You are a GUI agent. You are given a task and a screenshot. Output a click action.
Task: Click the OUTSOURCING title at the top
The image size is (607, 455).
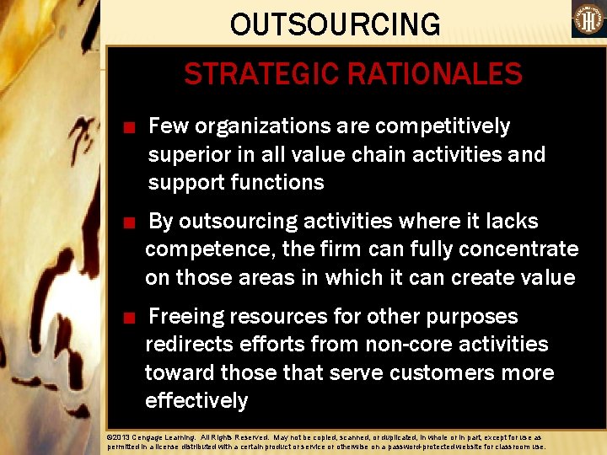(x=335, y=24)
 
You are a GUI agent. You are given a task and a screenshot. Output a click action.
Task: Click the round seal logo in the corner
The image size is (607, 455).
(x=588, y=19)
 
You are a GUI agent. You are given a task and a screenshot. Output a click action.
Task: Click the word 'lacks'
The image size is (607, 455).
(x=513, y=222)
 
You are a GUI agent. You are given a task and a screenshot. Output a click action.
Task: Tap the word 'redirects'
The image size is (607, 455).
(x=190, y=345)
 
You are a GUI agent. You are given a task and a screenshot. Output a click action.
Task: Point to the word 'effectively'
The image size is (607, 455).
(x=196, y=400)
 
